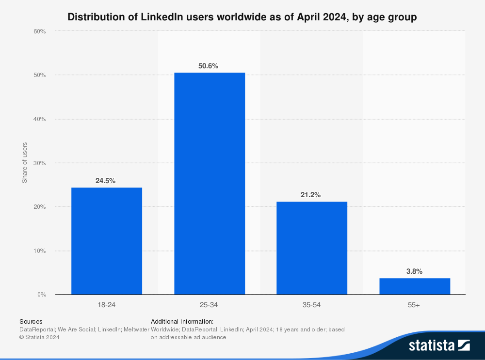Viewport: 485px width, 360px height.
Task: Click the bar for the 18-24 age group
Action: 107,241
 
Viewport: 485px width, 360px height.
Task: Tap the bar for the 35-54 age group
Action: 312,248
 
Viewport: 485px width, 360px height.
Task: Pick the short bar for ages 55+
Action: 415,286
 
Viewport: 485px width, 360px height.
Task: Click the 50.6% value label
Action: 210,66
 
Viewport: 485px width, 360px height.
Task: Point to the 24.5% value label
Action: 105,181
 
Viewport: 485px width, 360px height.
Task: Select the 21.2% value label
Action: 311,195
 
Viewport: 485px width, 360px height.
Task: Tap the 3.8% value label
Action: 414,271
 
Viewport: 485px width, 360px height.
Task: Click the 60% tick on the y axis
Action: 40,31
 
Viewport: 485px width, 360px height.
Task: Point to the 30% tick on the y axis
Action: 40,163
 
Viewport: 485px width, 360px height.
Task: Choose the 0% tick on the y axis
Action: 41,295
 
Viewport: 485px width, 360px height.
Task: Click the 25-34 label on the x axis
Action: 210,305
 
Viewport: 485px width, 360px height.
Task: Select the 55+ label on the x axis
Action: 415,305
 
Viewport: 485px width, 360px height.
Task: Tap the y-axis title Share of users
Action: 25,163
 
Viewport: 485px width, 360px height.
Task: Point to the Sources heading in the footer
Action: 31,321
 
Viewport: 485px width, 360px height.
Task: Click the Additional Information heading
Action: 182,321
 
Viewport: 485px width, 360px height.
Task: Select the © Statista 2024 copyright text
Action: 39,337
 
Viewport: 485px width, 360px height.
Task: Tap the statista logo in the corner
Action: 439,345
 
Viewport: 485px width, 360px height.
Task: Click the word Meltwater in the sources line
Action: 137,329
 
